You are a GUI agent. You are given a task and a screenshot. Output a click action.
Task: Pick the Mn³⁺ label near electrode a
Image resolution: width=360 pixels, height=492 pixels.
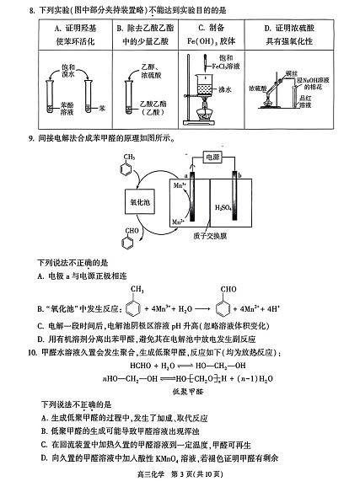pyautogui.click(x=180, y=183)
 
